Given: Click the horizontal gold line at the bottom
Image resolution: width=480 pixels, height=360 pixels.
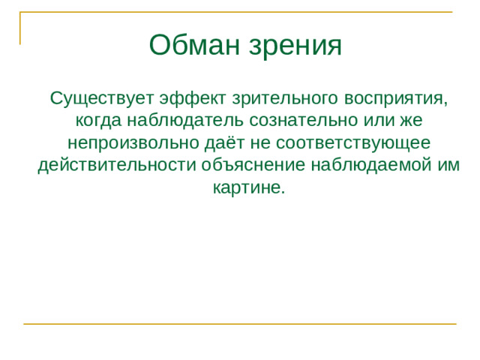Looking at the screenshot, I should coord(240,324).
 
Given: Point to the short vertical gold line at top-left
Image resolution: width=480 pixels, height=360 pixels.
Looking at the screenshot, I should coord(20,28).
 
